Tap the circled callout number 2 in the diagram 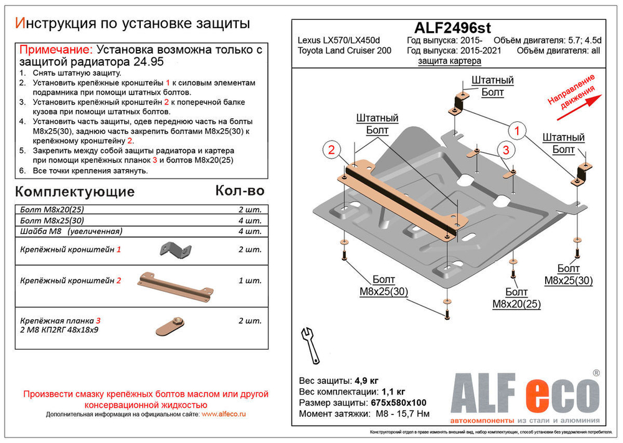click(332, 150)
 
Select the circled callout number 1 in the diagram click(516, 131)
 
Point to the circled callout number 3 click(506, 150)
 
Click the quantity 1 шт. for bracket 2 click(250, 281)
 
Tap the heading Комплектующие click(74, 191)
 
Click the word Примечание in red click(55, 50)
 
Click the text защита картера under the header click(449, 61)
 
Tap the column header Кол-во click(240, 190)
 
